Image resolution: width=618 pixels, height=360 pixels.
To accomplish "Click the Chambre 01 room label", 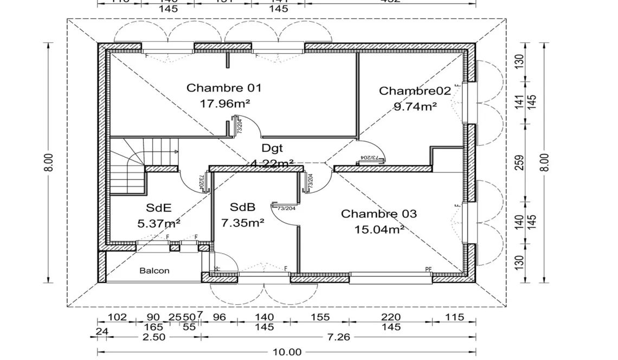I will click(x=224, y=88).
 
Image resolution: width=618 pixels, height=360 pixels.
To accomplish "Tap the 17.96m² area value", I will click(x=225, y=103).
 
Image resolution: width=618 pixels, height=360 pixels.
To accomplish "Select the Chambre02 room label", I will click(x=415, y=91).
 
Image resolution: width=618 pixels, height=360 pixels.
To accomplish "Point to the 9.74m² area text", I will click(x=415, y=106).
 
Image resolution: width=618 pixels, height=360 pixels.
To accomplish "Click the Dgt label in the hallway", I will click(x=272, y=147).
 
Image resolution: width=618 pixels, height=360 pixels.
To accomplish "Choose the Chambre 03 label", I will click(x=379, y=214).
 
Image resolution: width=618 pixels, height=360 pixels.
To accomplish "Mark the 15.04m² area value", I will click(x=379, y=229).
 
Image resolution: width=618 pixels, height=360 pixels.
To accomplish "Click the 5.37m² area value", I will click(x=159, y=222).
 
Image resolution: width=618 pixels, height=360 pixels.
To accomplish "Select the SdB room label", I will click(x=242, y=207).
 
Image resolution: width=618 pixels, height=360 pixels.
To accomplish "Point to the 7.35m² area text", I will click(x=242, y=222).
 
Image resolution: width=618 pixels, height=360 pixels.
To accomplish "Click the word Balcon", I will click(x=154, y=271).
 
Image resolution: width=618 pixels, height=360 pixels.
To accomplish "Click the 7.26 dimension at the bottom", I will click(x=339, y=337).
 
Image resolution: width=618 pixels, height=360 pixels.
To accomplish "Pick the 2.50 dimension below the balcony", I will click(x=153, y=337).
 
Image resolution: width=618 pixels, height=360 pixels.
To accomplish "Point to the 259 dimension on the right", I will click(x=520, y=163).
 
